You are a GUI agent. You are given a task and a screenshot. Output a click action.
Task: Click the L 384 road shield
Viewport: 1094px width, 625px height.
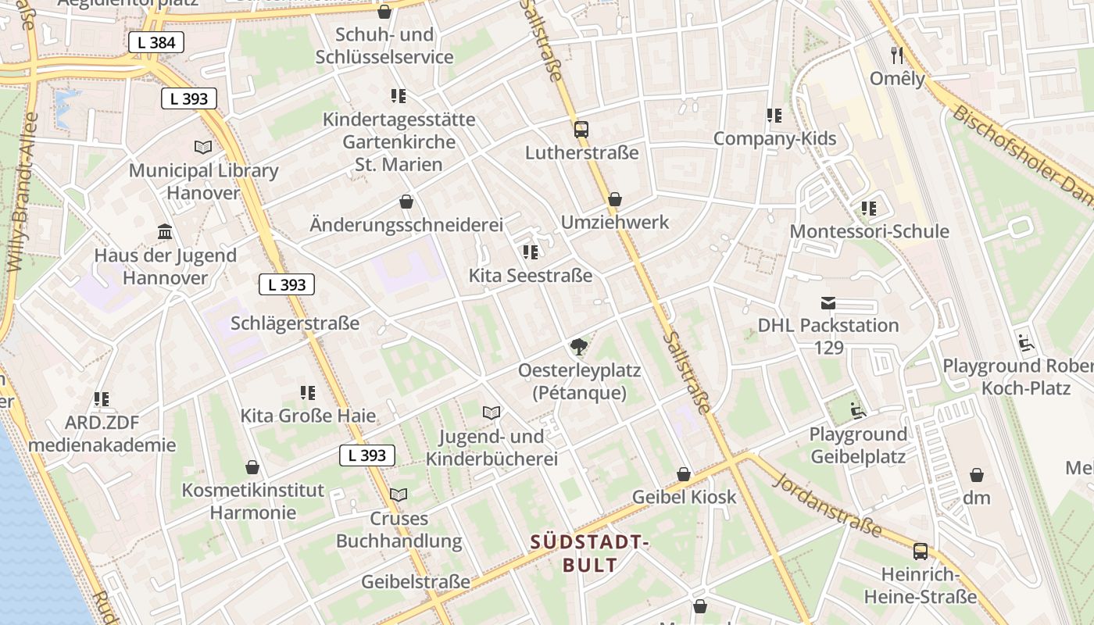[x=156, y=42]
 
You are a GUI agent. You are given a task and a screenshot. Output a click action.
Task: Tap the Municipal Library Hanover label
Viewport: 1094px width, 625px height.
[x=203, y=181]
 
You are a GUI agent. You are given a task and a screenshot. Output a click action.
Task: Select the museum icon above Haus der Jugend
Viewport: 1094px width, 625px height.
[x=165, y=232]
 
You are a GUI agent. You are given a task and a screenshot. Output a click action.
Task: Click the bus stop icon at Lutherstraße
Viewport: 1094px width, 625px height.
[x=581, y=130]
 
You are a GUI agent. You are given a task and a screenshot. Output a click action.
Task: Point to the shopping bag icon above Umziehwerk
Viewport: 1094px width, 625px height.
[x=615, y=199]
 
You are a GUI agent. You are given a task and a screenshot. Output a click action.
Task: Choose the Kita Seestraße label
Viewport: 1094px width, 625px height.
[x=530, y=276]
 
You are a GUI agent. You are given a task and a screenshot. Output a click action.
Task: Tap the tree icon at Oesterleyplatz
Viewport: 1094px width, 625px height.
[x=578, y=347]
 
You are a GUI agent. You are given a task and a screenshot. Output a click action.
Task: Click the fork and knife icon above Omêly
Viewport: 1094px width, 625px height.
[x=897, y=55]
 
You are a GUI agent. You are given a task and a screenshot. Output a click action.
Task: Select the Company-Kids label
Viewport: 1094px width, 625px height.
[x=774, y=139]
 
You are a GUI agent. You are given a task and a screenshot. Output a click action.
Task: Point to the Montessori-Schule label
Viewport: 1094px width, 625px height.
[x=869, y=231]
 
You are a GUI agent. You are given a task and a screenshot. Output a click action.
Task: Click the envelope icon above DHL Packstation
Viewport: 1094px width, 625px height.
[x=828, y=302]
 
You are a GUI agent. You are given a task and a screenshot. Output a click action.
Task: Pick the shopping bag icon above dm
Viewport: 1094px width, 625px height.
[x=976, y=475]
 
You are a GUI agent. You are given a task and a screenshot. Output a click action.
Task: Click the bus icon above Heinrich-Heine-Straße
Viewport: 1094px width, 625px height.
[x=920, y=552]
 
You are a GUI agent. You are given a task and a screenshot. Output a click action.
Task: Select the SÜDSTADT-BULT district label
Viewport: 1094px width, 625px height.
[x=590, y=553]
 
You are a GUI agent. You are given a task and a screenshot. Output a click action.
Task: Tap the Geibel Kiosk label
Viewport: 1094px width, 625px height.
[x=684, y=497]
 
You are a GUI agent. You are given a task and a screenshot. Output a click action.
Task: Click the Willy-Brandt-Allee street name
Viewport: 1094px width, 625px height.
[x=22, y=191]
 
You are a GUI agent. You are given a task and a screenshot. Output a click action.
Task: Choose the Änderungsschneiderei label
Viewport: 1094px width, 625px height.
[x=406, y=225]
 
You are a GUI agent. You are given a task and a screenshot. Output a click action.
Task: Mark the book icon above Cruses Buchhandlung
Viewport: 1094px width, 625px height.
[x=399, y=495]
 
